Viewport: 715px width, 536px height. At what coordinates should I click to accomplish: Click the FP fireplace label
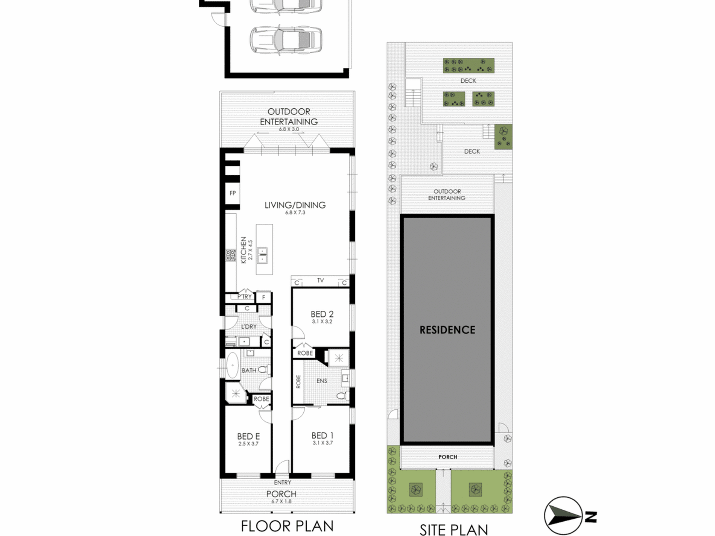pos(233,193)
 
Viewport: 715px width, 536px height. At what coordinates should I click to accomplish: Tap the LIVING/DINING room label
pos(295,205)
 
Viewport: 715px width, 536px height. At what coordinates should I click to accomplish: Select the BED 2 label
pos(322,314)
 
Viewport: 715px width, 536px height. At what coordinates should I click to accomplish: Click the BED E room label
pos(248,436)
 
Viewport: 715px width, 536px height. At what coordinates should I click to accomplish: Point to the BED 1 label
pos(323,436)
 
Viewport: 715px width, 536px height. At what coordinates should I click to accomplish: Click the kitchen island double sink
pos(262,255)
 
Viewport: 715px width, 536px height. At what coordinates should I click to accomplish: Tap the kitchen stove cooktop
pos(231,255)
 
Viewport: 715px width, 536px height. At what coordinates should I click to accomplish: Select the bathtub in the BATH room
pos(233,365)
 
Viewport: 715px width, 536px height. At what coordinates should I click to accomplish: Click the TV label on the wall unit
pos(320,281)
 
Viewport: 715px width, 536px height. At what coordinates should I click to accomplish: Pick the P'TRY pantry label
pos(245,297)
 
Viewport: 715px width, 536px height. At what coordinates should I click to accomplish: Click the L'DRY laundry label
pos(249,326)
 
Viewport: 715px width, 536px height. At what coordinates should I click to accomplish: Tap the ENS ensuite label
pos(322,381)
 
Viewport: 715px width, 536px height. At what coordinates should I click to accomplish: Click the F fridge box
pos(264,298)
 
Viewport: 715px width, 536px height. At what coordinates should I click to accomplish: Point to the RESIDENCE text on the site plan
pos(447,330)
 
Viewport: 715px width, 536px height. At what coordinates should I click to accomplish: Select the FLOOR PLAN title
pos(287,526)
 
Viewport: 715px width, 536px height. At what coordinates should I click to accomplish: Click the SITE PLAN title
pos(454,530)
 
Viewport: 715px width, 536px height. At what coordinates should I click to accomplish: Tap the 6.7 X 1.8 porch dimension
pos(281,501)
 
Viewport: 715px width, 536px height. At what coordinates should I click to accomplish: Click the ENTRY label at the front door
pos(283,483)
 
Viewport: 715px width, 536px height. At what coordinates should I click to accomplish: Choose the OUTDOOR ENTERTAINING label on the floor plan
pos(289,117)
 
